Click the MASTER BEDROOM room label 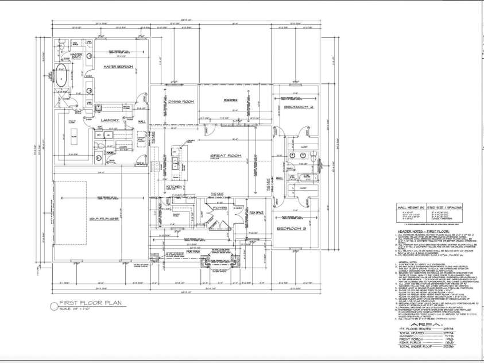point(118,67)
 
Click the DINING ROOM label point(181,101)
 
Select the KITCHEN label point(175,187)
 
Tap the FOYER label point(221,207)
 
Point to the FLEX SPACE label point(256,213)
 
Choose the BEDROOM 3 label point(296,229)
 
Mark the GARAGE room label point(103,219)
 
